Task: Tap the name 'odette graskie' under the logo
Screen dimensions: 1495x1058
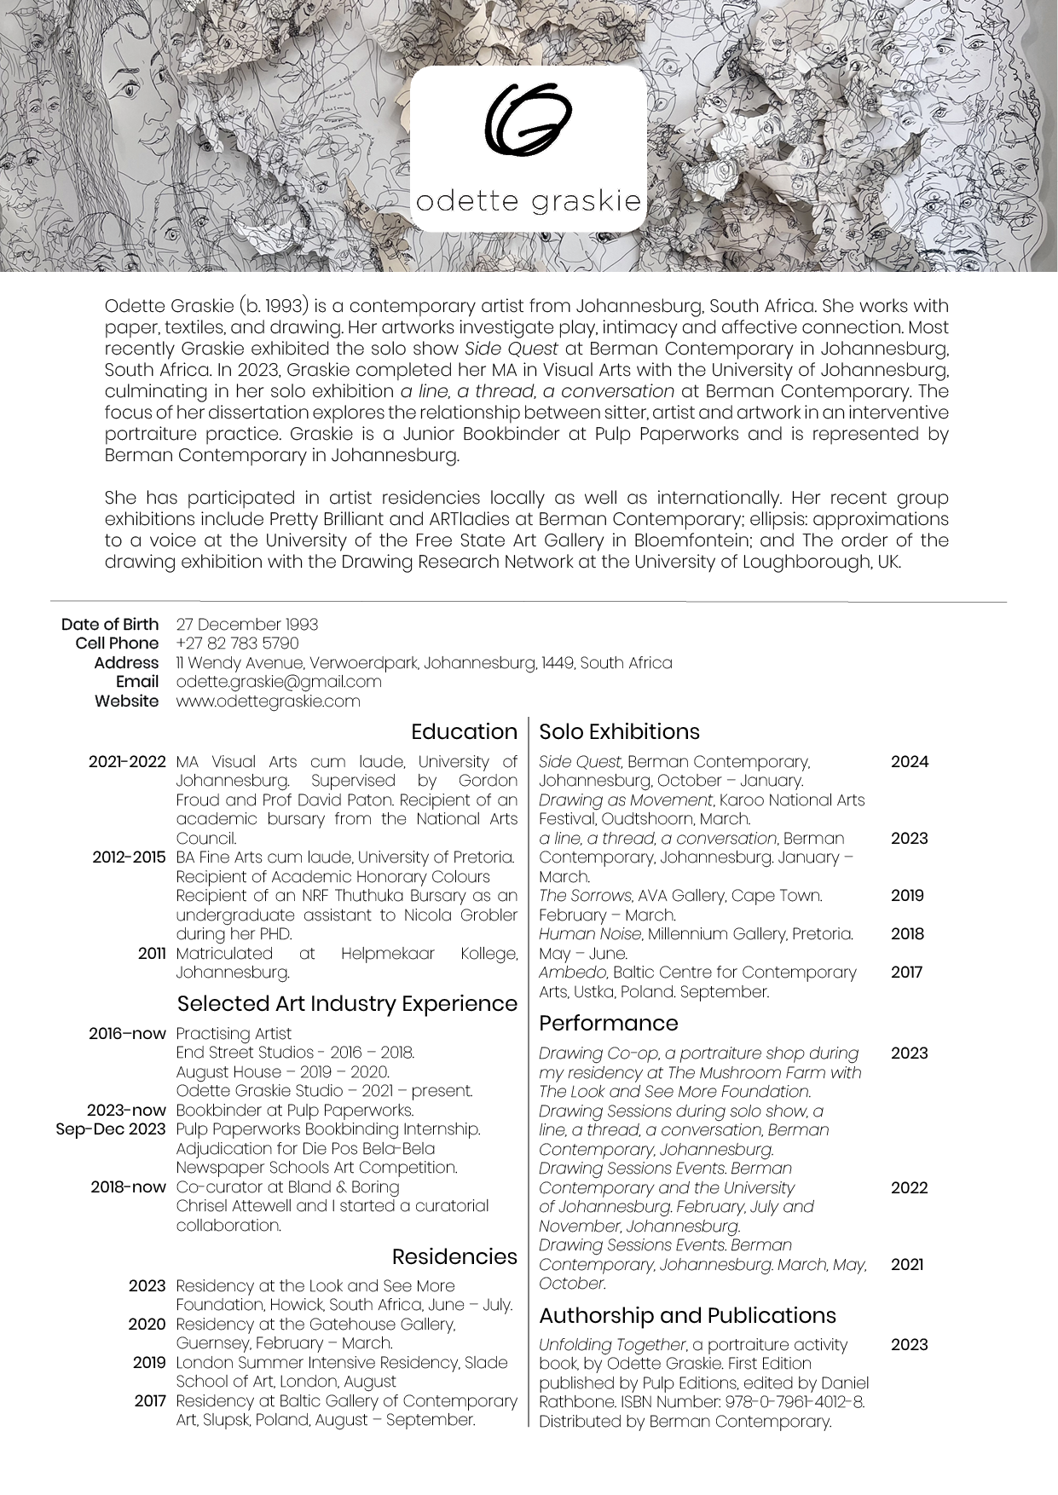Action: (528, 201)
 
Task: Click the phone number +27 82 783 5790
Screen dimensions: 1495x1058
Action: (237, 644)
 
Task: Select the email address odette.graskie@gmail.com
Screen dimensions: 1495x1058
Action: (278, 681)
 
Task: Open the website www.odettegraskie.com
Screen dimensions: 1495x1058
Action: (268, 701)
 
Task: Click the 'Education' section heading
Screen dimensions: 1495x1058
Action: (464, 732)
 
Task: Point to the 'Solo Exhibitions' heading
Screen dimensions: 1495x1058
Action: (619, 732)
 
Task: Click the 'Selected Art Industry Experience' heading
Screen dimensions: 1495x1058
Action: (347, 1003)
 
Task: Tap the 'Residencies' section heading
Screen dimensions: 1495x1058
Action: (454, 1256)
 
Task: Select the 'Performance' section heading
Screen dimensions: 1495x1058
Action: (608, 1023)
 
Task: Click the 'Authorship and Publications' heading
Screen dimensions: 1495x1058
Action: (687, 1315)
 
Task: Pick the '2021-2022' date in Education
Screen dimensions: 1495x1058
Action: (127, 762)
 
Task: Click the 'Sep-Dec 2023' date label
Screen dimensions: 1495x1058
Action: (111, 1129)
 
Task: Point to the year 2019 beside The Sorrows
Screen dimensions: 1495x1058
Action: (907, 896)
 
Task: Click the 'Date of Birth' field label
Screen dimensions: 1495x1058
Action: (110, 625)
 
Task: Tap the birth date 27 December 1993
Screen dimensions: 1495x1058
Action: (246, 625)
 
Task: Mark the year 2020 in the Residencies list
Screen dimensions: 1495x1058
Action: (147, 1325)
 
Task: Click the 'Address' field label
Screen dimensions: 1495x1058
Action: (126, 663)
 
